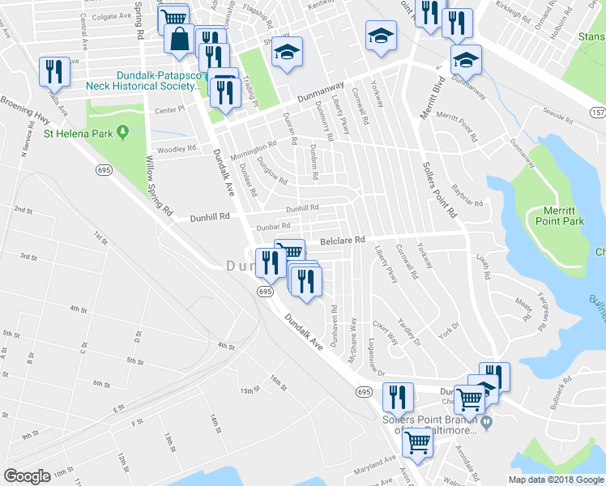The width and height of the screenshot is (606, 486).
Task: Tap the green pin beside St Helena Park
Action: point(123,130)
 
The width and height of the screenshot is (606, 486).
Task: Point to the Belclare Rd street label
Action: point(343,240)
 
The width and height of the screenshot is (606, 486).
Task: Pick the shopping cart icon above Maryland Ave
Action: point(417,443)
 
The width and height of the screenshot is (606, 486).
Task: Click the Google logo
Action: point(28,476)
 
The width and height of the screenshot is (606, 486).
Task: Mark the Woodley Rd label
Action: point(177,149)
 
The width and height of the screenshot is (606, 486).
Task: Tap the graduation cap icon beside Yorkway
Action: point(378,36)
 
